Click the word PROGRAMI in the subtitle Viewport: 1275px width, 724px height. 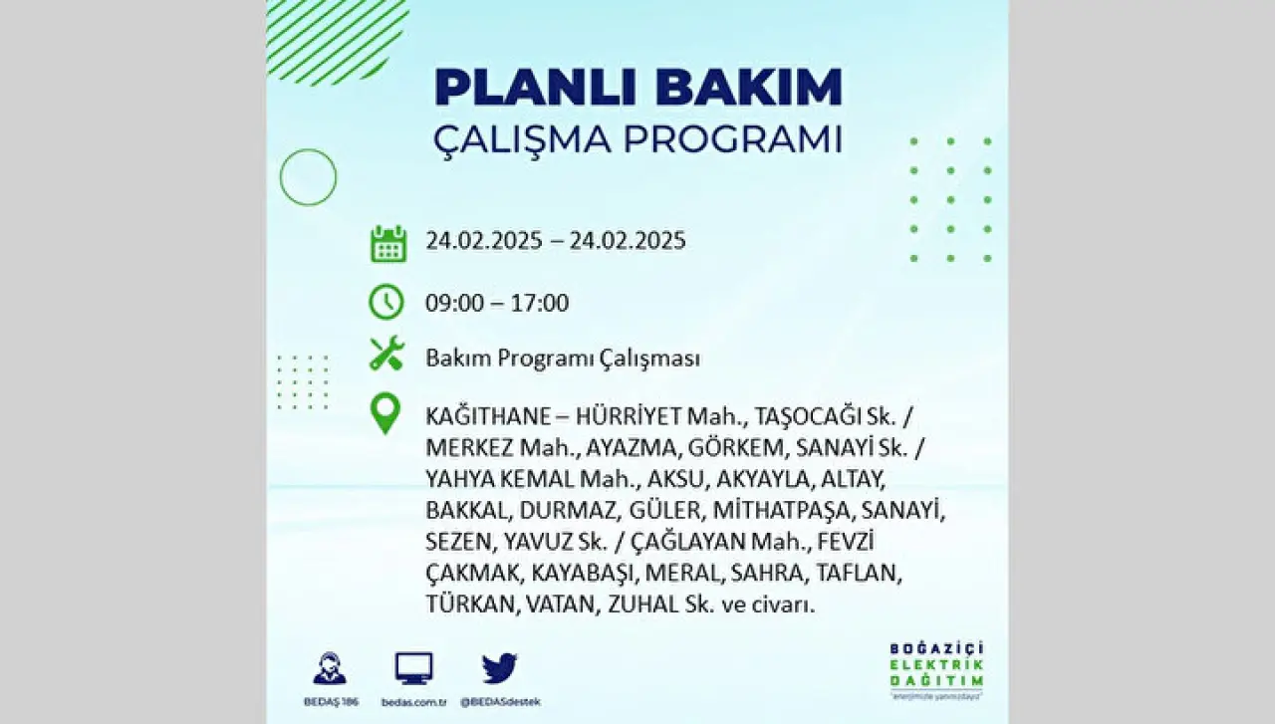click(x=732, y=139)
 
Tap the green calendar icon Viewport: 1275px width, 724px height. click(x=388, y=244)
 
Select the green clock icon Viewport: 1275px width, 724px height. click(x=386, y=302)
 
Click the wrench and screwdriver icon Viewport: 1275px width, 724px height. click(x=387, y=354)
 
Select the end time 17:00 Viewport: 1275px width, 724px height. click(x=540, y=303)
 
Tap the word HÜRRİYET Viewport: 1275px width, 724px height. click(x=629, y=416)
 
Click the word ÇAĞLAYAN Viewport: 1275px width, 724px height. click(x=687, y=542)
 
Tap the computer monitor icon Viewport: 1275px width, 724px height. click(x=413, y=668)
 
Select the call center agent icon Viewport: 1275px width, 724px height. click(x=330, y=668)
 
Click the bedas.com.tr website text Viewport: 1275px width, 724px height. click(x=413, y=702)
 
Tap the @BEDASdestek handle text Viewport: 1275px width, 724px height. click(x=500, y=702)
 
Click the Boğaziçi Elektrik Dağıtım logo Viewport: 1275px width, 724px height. click(x=937, y=670)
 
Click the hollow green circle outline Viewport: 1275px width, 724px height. click(x=281, y=177)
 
